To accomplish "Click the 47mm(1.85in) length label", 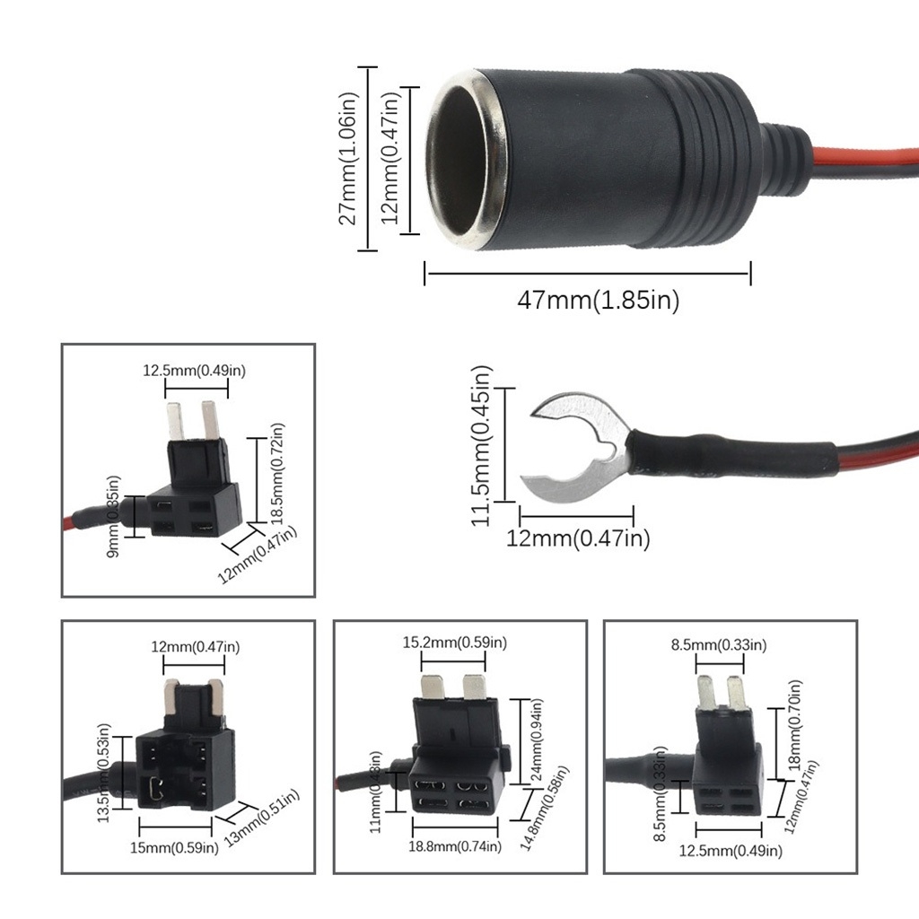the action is pos(598,301).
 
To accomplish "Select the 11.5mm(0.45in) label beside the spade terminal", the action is pos(483,446).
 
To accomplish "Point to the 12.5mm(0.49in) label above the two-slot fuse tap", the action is pos(197,369).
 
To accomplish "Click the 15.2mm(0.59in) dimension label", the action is pos(453,643).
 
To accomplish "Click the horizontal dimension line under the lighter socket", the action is pos(587,273).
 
